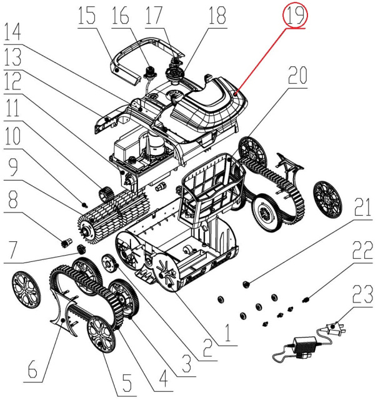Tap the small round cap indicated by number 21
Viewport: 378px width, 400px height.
246,284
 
